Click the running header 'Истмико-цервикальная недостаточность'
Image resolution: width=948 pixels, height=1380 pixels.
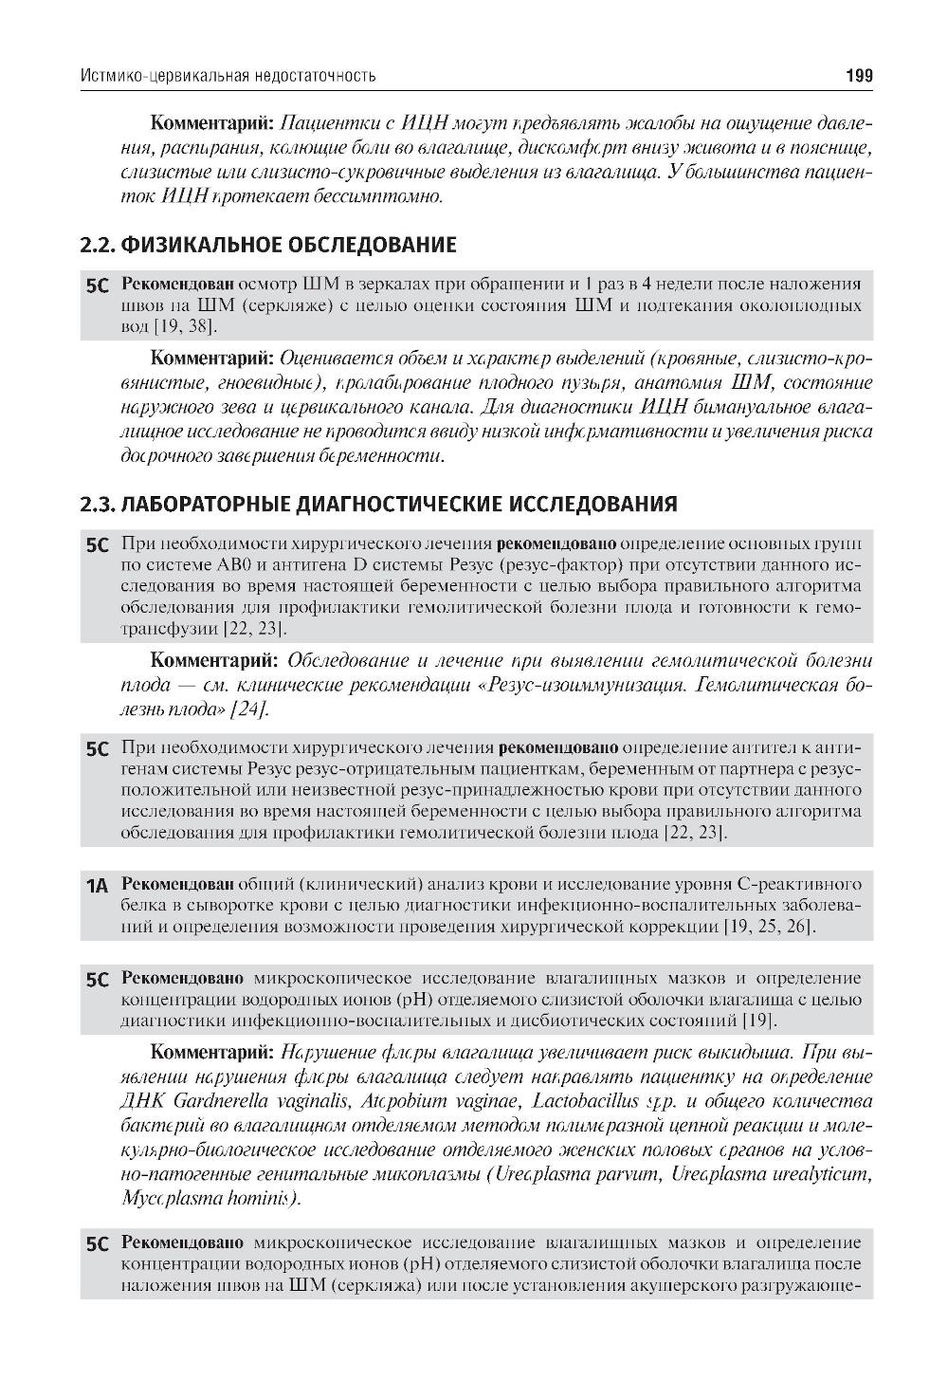tap(228, 75)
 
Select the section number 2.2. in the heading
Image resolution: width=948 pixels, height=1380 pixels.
tap(98, 246)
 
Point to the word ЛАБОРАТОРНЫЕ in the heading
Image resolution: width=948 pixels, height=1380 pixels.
tap(199, 504)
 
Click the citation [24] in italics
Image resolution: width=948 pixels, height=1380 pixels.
tap(251, 708)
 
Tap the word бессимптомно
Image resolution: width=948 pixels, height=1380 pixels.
tap(388, 196)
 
